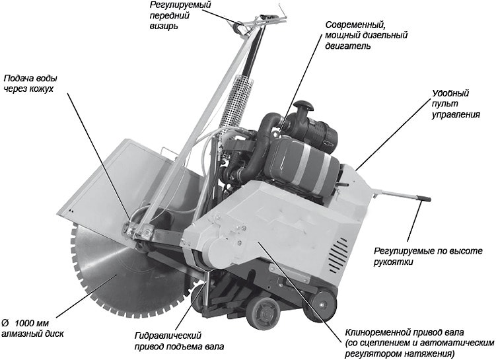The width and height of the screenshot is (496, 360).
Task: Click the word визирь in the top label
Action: (x=164, y=26)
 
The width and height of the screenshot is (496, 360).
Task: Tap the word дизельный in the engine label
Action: (x=386, y=35)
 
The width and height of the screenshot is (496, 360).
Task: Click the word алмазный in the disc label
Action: (x=18, y=334)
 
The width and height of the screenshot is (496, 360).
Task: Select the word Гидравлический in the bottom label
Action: (x=168, y=336)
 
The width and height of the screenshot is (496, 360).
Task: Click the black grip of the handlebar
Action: (x=423, y=198)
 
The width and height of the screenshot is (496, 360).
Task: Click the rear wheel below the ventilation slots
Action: (x=322, y=305)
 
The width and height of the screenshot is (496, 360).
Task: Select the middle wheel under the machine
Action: (x=263, y=313)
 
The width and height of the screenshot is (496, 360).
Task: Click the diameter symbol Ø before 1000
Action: (x=5, y=323)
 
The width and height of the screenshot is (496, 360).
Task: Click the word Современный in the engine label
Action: (x=355, y=25)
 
